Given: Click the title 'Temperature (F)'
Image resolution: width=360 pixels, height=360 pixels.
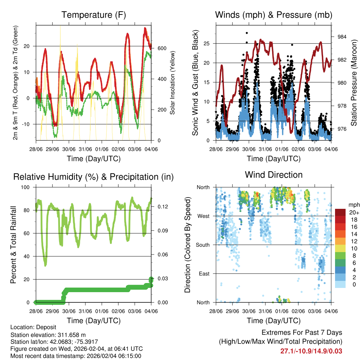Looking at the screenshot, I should (x=94, y=15).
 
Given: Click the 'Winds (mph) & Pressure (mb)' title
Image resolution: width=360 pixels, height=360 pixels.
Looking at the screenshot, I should (x=274, y=15).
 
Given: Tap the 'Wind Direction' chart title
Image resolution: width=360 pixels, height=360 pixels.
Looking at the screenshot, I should (x=274, y=175).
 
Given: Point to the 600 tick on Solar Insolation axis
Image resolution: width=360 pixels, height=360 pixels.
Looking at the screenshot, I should (x=162, y=48).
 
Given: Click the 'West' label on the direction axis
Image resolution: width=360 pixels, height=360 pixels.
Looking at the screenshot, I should (x=203, y=216).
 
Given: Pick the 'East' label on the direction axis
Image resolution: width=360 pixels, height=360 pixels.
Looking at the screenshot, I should (x=204, y=274).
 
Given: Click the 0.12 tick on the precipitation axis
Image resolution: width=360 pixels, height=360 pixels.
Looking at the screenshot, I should (x=159, y=207).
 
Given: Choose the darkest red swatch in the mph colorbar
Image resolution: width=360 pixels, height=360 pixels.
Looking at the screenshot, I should (x=341, y=212).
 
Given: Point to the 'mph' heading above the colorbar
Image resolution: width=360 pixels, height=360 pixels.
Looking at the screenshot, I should (x=353, y=205).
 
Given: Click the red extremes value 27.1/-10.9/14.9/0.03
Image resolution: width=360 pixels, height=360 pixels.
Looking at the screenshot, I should (x=311, y=351).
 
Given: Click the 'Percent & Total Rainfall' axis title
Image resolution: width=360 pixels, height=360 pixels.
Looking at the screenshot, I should (x=13, y=245).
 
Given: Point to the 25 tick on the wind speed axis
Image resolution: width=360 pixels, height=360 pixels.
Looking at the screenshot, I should (x=208, y=44).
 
